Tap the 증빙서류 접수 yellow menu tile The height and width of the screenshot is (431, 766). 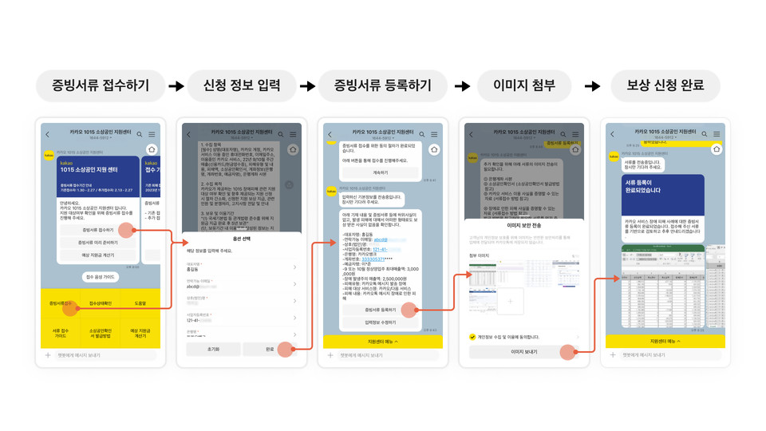tap(61, 303)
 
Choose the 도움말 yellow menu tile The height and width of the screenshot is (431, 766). tap(140, 303)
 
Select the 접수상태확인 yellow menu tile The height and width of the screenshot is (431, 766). tap(101, 303)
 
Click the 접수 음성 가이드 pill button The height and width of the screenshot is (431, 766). tap(100, 277)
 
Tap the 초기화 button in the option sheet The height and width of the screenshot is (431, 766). tap(211, 349)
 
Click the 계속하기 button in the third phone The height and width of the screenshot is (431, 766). tap(381, 172)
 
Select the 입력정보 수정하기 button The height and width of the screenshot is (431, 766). tap(381, 322)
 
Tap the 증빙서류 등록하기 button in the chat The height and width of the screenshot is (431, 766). tap(381, 309)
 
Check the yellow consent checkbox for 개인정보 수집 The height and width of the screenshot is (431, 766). tap(473, 337)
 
